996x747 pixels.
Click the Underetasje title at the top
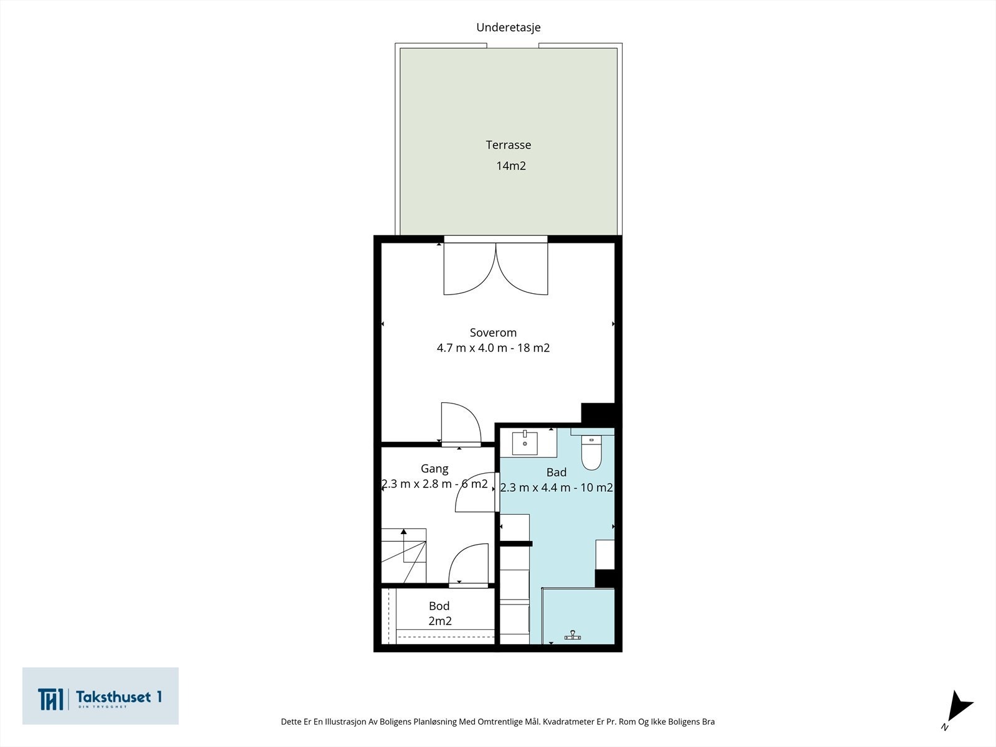(508, 27)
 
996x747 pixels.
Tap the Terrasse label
(508, 144)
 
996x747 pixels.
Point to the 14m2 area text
(511, 166)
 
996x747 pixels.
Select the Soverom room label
(493, 332)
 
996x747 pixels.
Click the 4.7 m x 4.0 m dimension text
(472, 348)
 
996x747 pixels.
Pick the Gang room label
(435, 469)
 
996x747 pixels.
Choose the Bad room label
(557, 472)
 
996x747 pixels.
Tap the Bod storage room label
(439, 606)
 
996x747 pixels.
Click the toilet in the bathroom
(591, 452)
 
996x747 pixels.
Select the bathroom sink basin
(525, 443)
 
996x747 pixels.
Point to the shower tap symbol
(573, 636)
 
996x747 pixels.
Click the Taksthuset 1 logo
(100, 696)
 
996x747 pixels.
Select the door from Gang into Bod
(469, 565)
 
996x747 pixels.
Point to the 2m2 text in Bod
(440, 621)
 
